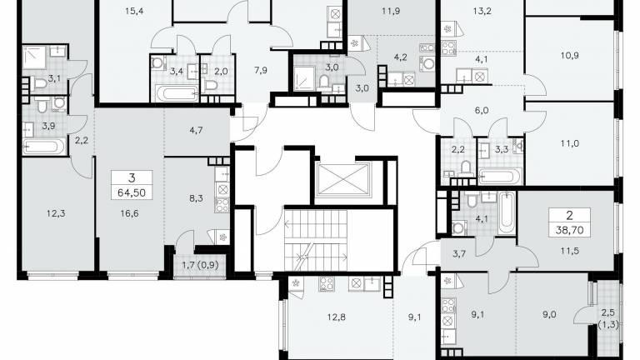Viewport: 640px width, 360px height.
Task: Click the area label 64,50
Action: tap(132, 192)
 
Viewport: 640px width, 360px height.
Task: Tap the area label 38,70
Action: tap(569, 230)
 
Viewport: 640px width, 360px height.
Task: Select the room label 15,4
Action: tap(134, 11)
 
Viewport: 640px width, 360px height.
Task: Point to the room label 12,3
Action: tap(56, 213)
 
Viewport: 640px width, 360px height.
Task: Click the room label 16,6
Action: tap(129, 213)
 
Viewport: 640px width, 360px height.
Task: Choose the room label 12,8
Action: tap(337, 317)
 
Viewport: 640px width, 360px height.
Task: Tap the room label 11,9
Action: tap(391, 11)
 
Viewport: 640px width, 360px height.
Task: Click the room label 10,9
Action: tap(569, 55)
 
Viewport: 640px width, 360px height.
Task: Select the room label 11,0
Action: tap(569, 143)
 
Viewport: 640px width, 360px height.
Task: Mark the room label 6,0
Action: tap(482, 110)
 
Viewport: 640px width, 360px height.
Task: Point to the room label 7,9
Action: tap(260, 70)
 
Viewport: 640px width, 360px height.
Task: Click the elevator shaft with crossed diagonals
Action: tap(342, 179)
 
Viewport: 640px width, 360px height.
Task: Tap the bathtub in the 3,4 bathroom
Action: tap(176, 93)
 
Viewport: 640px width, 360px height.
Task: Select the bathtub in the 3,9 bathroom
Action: tap(43, 147)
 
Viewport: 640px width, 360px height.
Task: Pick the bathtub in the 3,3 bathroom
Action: tap(500, 176)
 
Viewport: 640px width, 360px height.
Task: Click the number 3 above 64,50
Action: tap(132, 178)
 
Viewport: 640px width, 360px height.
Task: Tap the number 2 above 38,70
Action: tap(569, 216)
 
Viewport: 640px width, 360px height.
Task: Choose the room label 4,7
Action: tap(197, 130)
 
